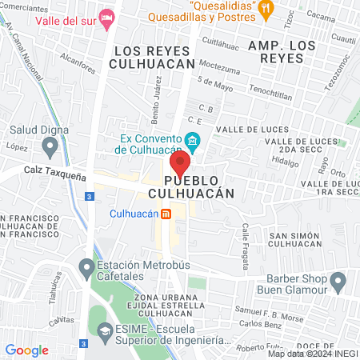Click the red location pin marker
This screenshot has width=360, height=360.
tap(181, 166)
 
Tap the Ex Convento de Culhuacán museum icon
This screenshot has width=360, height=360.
tap(192, 142)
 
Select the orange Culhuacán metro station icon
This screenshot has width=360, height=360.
tap(166, 214)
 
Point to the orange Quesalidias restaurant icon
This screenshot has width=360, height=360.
tap(266, 9)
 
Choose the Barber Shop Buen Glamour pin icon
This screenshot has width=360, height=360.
tap(338, 281)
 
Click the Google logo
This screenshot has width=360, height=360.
tap(26, 350)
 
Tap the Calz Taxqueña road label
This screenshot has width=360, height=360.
tap(55, 171)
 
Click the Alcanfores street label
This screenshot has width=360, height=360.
tap(77, 64)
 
